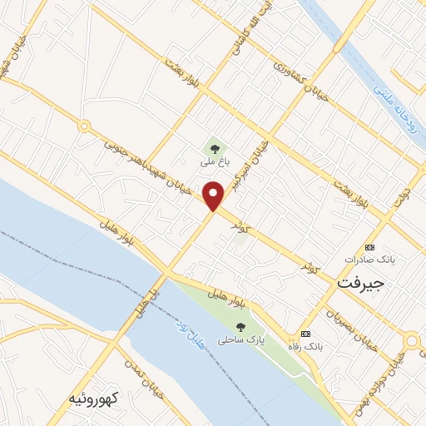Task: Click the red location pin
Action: point(214,196)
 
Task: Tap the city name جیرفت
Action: point(362,283)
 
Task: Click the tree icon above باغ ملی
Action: point(215,149)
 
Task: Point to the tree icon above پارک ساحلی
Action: point(240,327)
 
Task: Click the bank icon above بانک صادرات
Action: point(370,247)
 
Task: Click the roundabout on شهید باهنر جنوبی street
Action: point(84,126)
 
